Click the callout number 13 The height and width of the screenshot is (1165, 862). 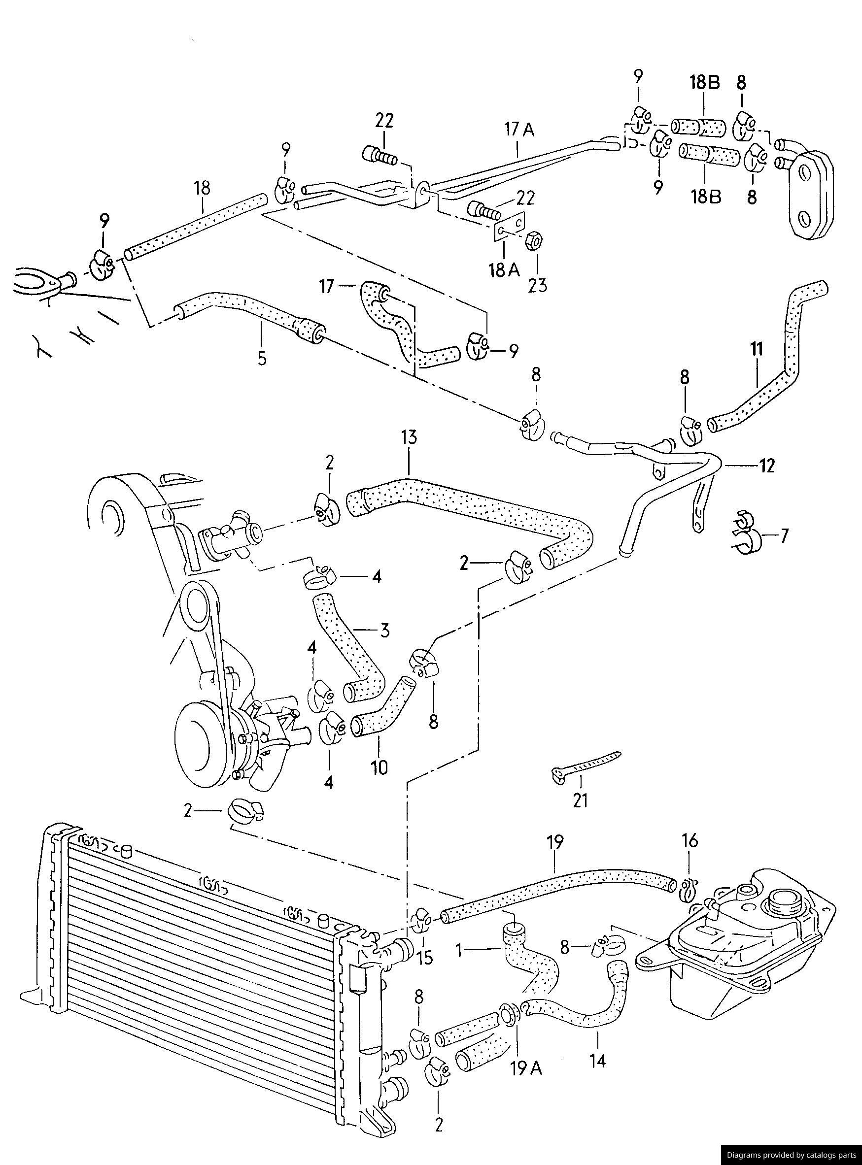(x=409, y=437)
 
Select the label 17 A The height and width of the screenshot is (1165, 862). (x=519, y=129)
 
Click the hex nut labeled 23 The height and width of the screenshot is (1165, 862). (x=535, y=240)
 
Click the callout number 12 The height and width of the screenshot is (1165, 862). (x=766, y=465)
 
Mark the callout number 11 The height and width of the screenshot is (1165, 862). (x=757, y=348)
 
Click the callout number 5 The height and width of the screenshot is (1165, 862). (x=262, y=358)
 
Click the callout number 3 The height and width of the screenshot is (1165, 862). (x=384, y=631)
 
